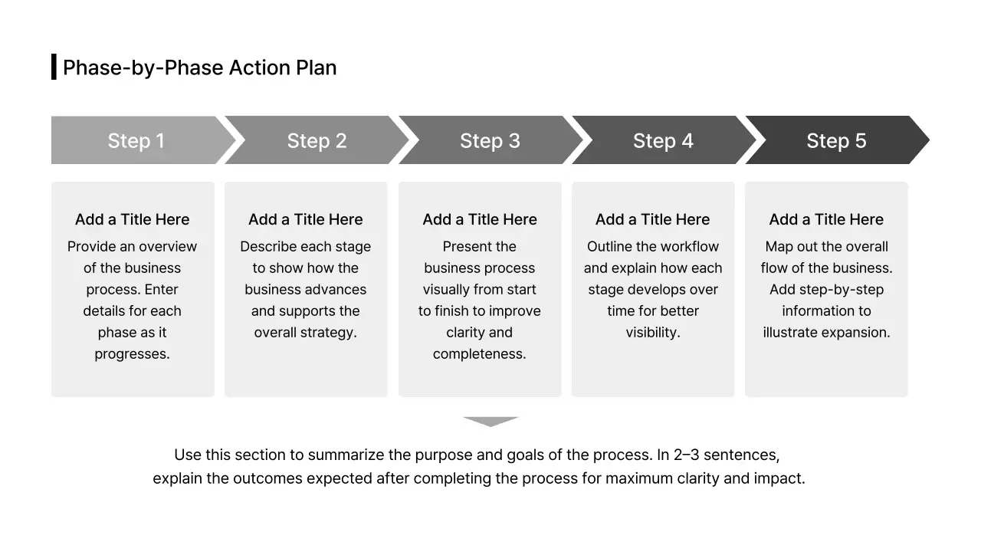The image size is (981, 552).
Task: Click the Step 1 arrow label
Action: (x=136, y=141)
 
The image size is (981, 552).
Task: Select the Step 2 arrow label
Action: (x=317, y=141)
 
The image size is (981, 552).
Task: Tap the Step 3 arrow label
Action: (x=490, y=141)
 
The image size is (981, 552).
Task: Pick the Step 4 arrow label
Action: (x=663, y=141)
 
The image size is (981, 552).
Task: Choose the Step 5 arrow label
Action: (x=836, y=141)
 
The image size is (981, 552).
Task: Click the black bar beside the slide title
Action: (x=54, y=67)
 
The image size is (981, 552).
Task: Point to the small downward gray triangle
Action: (x=490, y=421)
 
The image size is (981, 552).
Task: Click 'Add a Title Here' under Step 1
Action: (x=132, y=219)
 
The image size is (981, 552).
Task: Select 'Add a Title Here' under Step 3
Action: (x=480, y=219)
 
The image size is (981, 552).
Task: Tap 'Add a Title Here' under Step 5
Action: (x=826, y=219)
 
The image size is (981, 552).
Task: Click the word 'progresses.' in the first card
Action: (x=132, y=354)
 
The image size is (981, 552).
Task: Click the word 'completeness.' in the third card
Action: (x=480, y=354)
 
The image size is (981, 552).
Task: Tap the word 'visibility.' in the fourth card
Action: (x=653, y=333)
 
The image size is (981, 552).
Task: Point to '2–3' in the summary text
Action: (x=687, y=455)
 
